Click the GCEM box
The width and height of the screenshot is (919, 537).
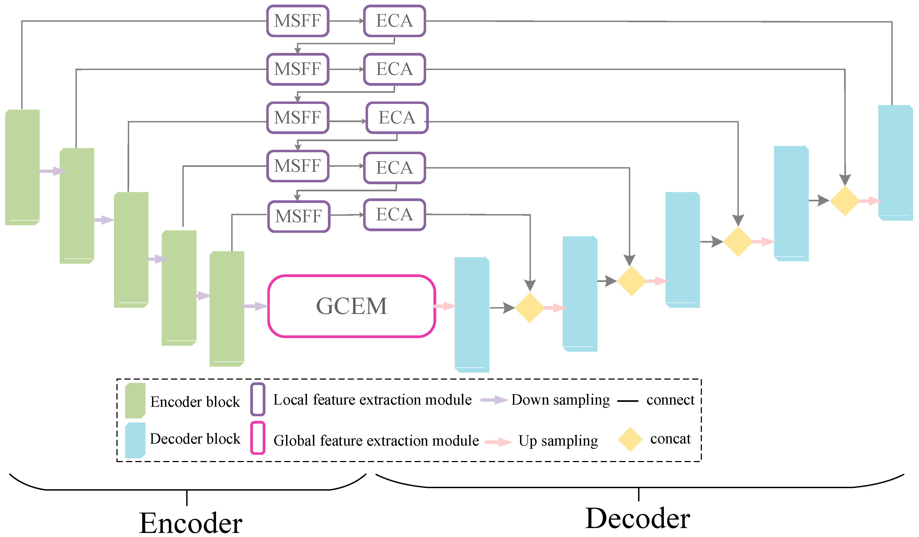(x=351, y=306)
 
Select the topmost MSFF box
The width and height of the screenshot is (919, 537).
(x=297, y=21)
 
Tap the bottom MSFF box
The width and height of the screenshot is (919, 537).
(x=299, y=216)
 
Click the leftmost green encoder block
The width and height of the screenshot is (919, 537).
(x=22, y=167)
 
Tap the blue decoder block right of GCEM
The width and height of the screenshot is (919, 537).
(x=471, y=314)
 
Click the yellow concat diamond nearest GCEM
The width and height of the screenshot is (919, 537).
(x=530, y=308)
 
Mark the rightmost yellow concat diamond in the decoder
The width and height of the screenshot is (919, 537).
(x=845, y=201)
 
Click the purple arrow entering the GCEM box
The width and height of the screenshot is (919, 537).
(x=255, y=306)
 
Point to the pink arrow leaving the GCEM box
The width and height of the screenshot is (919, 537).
(x=445, y=306)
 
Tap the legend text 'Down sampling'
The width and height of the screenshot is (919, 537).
(x=560, y=400)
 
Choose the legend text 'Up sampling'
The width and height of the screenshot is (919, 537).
(x=558, y=441)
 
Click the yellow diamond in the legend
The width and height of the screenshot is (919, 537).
(x=630, y=439)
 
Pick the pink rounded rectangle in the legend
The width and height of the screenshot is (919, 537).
(x=258, y=438)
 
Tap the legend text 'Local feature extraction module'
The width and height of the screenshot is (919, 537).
(x=372, y=400)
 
